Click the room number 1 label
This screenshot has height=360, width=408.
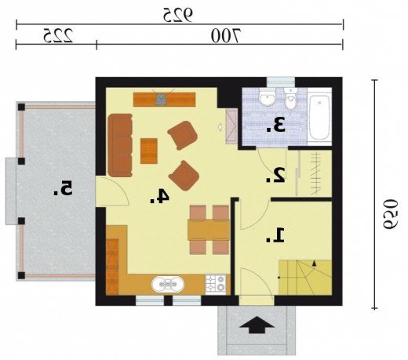tap(275, 235)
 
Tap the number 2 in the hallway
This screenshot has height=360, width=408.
tap(275, 175)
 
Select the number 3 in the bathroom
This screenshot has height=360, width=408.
tap(276, 125)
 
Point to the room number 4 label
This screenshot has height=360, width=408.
tap(159, 196)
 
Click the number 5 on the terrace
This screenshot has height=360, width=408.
tap(63, 188)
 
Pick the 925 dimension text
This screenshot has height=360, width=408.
tap(178, 15)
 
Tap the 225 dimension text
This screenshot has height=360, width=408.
tap(58, 35)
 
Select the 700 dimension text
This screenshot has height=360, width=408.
tap(226, 35)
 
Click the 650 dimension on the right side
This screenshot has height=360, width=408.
tap(391, 214)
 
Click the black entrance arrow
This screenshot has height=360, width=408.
tap(257, 325)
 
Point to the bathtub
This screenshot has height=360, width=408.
tap(319, 118)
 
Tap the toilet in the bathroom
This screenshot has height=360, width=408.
tap(290, 98)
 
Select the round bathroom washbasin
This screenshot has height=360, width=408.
tap(268, 97)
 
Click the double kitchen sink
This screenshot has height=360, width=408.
tap(168, 284)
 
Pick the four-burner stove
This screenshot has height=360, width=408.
tap(216, 285)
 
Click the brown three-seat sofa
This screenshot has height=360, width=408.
tap(120, 145)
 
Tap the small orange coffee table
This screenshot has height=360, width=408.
tap(149, 151)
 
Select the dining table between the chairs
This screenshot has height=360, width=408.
tap(209, 230)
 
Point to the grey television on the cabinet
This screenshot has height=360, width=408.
tap(161, 99)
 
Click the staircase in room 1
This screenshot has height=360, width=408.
tap(305, 278)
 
